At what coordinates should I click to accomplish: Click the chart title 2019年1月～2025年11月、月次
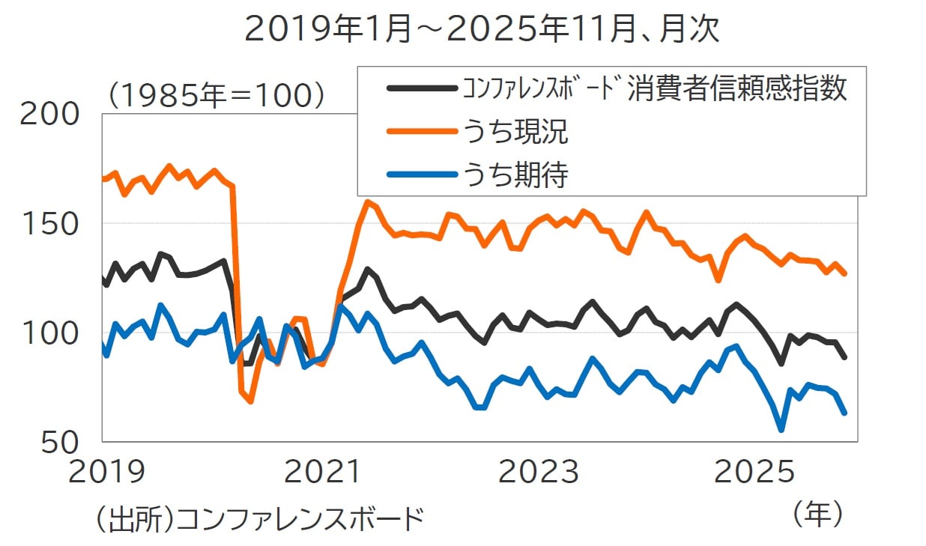482,30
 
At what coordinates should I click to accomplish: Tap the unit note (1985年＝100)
215,96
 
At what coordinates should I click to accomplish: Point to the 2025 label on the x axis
753,472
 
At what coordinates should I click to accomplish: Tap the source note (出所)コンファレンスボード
259,518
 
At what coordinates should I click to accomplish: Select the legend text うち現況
515,133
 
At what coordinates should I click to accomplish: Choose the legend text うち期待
515,175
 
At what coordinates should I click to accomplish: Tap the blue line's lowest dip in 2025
781,430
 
